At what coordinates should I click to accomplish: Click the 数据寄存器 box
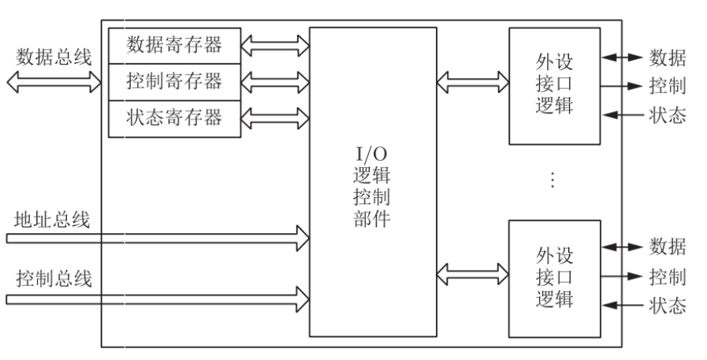pyautogui.click(x=174, y=45)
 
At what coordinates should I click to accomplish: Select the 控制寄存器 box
pyautogui.click(x=174, y=81)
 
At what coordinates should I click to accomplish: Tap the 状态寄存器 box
pyautogui.click(x=174, y=118)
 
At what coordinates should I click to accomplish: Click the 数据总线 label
pyautogui.click(x=54, y=57)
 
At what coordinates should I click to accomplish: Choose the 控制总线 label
pyautogui.click(x=54, y=277)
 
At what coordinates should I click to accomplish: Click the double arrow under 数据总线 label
pyautogui.click(x=54, y=80)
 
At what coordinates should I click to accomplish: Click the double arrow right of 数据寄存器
pyautogui.click(x=275, y=45)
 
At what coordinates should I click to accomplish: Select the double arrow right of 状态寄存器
pyautogui.click(x=275, y=118)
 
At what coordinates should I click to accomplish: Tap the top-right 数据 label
pyautogui.click(x=667, y=58)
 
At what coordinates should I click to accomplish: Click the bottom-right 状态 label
pyautogui.click(x=667, y=306)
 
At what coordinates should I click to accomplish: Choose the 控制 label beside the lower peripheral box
pyautogui.click(x=667, y=276)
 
